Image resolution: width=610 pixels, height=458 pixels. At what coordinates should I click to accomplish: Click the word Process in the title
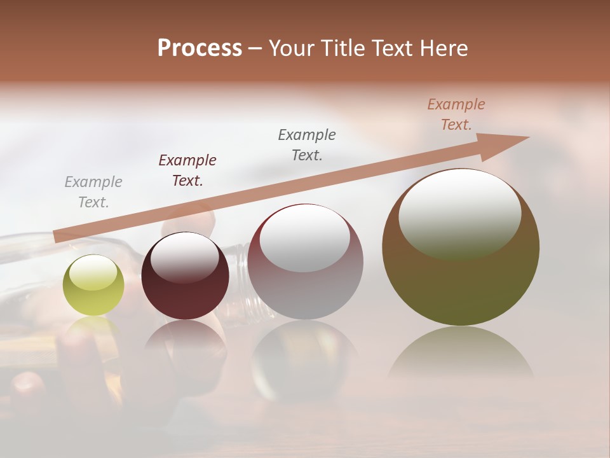(x=200, y=48)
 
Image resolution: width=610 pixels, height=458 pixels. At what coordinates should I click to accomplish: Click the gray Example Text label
(x=93, y=192)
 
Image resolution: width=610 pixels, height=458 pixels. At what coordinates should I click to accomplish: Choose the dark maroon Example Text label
(x=187, y=170)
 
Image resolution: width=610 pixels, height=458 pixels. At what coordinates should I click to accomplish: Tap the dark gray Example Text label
(x=307, y=145)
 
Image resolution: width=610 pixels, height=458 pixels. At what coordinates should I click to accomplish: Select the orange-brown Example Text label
(x=456, y=114)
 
